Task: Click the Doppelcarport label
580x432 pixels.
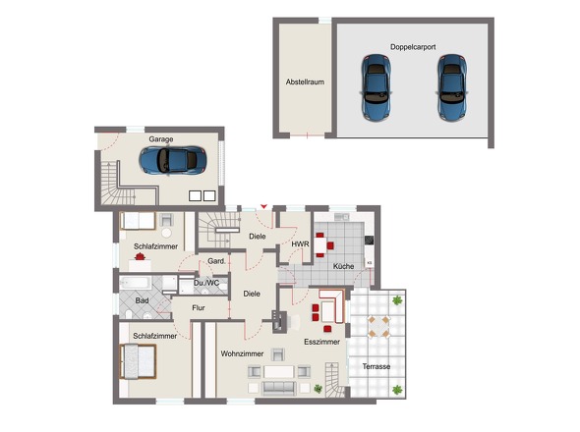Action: click(x=413, y=47)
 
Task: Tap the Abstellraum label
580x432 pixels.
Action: click(x=305, y=82)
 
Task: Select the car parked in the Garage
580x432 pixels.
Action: click(x=173, y=160)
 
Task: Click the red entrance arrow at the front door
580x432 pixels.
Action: click(x=263, y=206)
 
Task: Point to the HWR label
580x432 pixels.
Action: click(x=300, y=244)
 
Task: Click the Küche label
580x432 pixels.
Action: click(x=343, y=266)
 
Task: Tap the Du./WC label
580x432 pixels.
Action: click(x=206, y=283)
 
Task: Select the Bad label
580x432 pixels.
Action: click(x=142, y=300)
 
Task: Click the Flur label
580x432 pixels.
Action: click(x=199, y=307)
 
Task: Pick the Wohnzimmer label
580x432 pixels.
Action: click(x=242, y=353)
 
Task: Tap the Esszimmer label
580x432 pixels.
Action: click(x=321, y=342)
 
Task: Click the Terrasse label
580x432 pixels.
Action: click(x=377, y=366)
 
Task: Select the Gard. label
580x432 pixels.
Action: click(x=216, y=261)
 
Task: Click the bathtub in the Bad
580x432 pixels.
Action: click(x=136, y=283)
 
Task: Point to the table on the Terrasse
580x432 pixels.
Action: click(x=378, y=326)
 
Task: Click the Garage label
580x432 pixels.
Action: click(x=161, y=139)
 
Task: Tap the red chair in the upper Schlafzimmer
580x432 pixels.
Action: click(x=140, y=255)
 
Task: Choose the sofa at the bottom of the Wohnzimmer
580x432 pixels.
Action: click(x=279, y=388)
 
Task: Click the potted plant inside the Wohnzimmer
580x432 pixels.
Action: click(x=318, y=389)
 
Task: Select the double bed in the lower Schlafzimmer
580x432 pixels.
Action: click(x=138, y=361)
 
